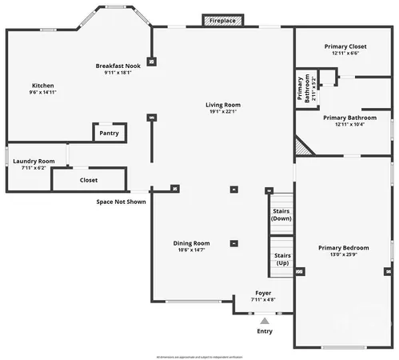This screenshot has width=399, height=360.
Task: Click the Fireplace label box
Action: (x=222, y=20)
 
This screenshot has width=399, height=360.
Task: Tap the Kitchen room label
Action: (x=42, y=86)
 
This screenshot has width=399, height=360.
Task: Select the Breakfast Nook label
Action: (x=118, y=66)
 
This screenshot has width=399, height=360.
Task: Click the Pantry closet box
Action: (x=109, y=134)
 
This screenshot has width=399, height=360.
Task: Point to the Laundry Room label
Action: (x=34, y=161)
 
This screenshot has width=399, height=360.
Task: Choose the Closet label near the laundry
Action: (x=89, y=180)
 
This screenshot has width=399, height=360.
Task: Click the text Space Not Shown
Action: (x=121, y=202)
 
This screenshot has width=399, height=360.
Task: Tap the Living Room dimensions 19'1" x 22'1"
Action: (x=223, y=112)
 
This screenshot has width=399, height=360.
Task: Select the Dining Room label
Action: (x=192, y=243)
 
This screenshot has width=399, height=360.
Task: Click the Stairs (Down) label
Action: (x=281, y=214)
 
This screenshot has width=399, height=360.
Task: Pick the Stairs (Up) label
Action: (x=282, y=259)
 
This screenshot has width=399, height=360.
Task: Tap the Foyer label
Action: (x=263, y=294)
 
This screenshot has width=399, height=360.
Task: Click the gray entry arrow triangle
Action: (x=264, y=321)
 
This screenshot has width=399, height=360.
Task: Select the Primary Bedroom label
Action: (x=343, y=248)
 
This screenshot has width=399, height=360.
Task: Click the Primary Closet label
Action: (x=345, y=46)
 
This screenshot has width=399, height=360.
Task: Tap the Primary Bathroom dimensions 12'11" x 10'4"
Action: (x=345, y=125)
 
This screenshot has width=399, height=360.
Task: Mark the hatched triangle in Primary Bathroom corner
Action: (x=302, y=146)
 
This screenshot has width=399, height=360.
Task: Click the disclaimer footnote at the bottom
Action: (x=200, y=355)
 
